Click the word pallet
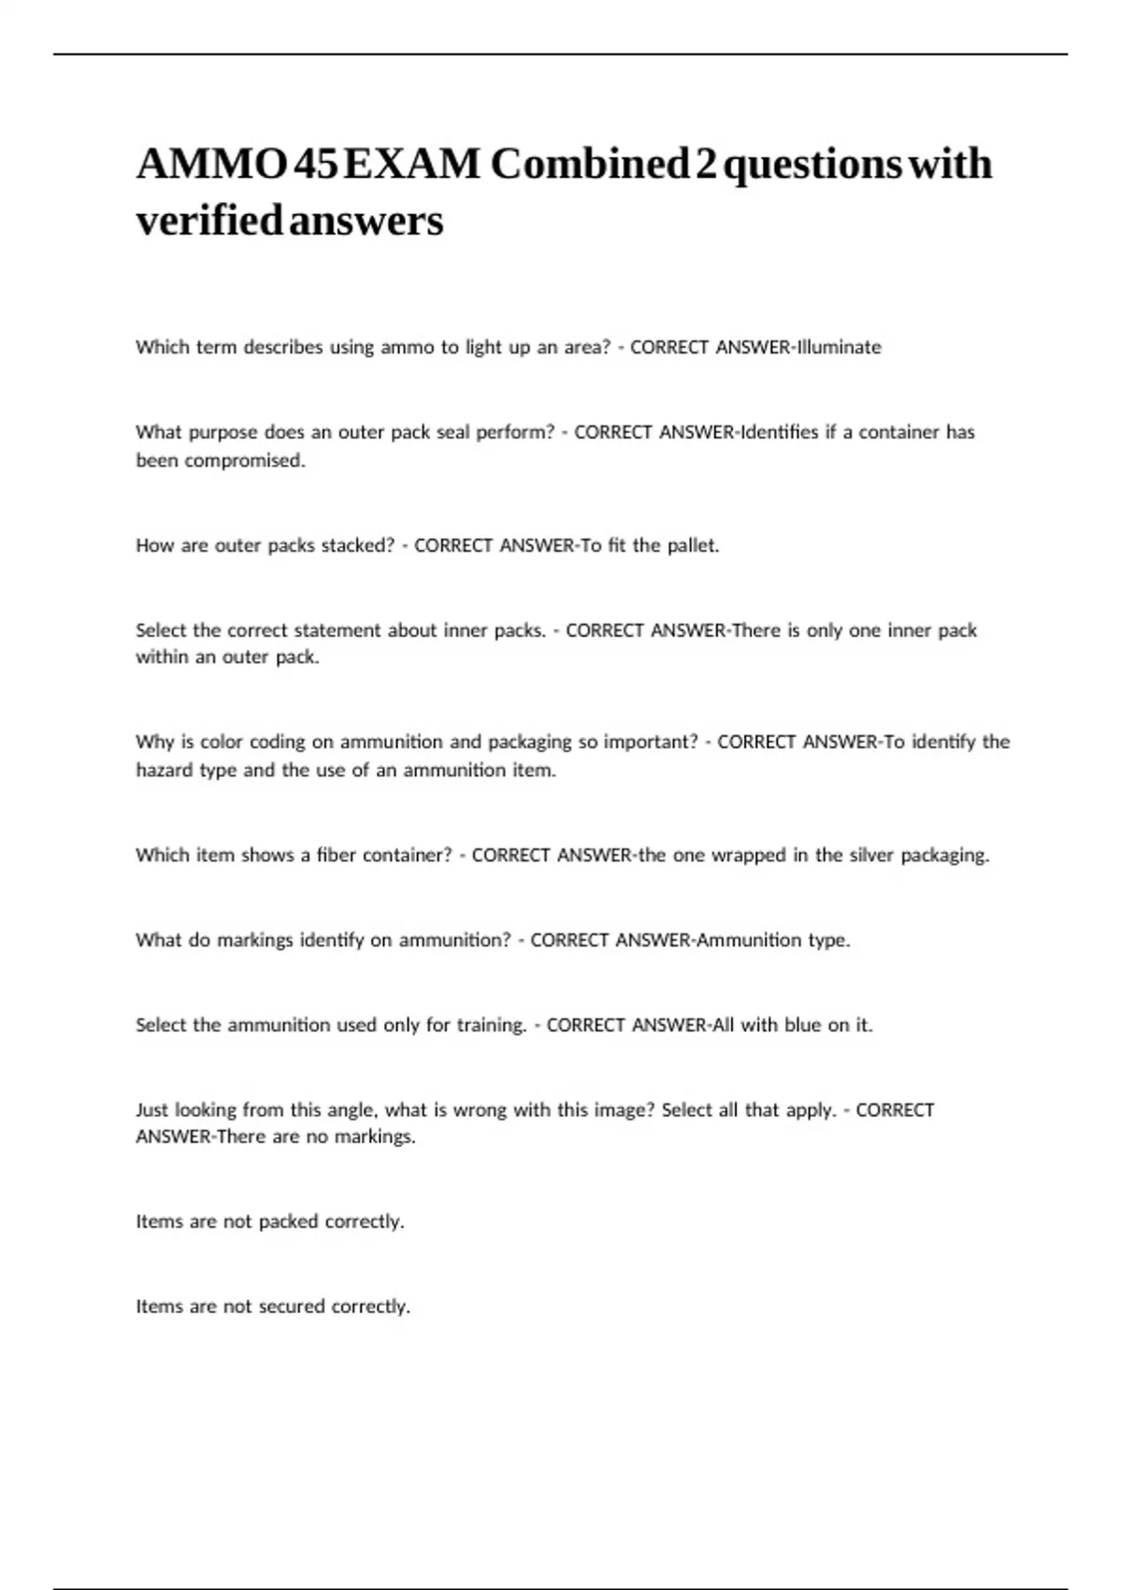tap(693, 545)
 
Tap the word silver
tap(870, 855)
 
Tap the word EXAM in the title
tap(412, 165)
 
